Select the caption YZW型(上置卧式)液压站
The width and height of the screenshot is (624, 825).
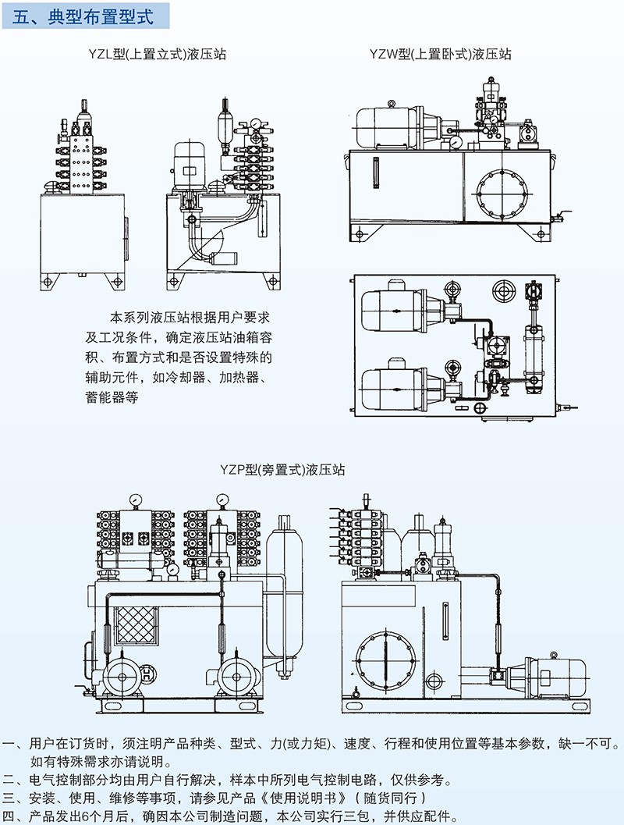[x=441, y=54]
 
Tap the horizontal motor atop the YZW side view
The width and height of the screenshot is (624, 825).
[x=388, y=125]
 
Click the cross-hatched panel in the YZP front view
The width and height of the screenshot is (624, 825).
[x=137, y=628]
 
